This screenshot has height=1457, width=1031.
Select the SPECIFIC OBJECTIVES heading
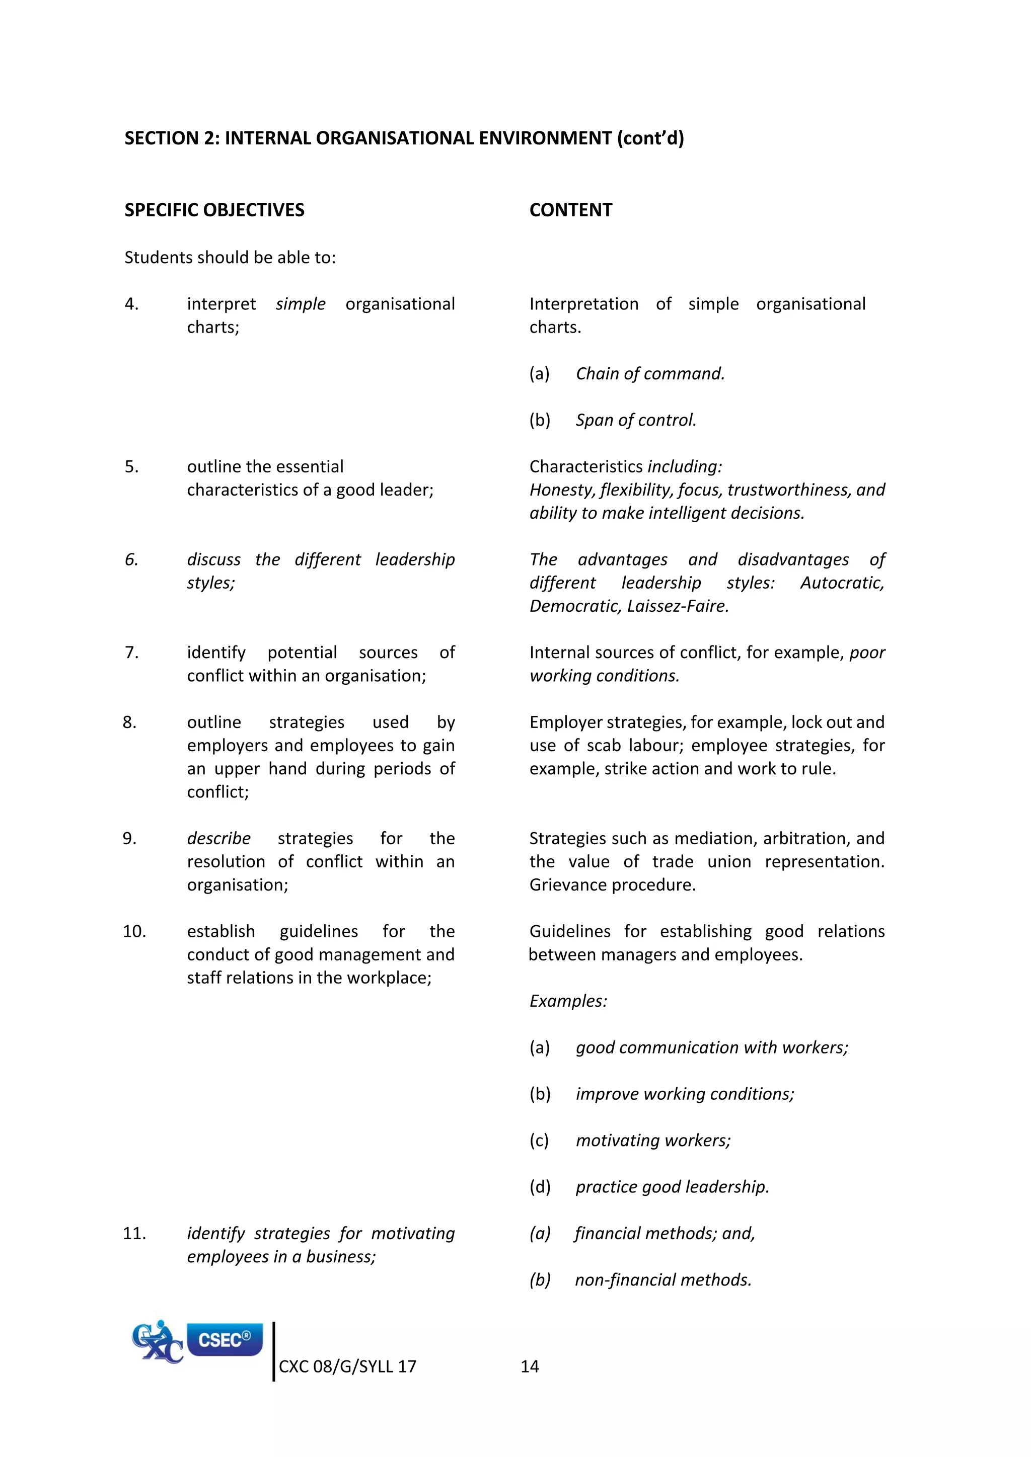pyautogui.click(x=214, y=210)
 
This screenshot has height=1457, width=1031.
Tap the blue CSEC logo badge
pyautogui.click(x=225, y=1340)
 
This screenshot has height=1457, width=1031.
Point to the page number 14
pyautogui.click(x=530, y=1366)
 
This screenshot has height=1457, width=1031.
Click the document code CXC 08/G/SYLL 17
pyautogui.click(x=347, y=1366)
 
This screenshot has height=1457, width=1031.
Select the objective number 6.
pyautogui.click(x=131, y=559)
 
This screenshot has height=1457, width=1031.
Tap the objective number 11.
pyautogui.click(x=134, y=1233)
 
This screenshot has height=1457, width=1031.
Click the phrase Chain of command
pyautogui.click(x=649, y=374)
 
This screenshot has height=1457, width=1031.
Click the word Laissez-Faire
pyautogui.click(x=678, y=606)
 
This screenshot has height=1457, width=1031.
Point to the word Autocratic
pyautogui.click(x=842, y=583)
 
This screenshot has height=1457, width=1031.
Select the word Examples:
pyautogui.click(x=568, y=1001)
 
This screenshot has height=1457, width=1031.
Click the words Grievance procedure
pyautogui.click(x=613, y=884)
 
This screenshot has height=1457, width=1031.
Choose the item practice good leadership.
pyautogui.click(x=672, y=1187)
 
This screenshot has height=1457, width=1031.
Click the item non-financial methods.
pyautogui.click(x=663, y=1280)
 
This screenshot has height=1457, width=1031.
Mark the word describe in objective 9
pyautogui.click(x=218, y=838)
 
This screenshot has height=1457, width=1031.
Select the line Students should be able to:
pyautogui.click(x=230, y=257)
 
